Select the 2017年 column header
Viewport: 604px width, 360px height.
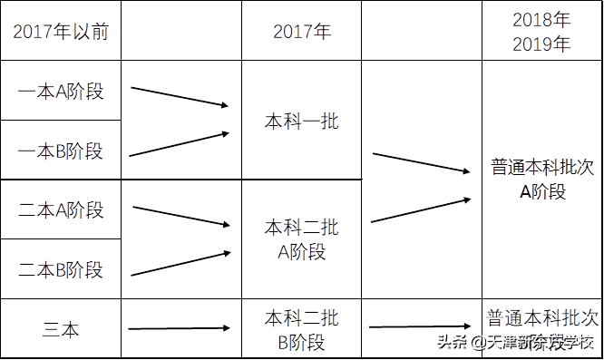click(302, 31)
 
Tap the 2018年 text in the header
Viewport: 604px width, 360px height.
click(541, 20)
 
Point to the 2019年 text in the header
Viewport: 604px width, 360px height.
click(541, 44)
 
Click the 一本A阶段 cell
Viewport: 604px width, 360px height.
click(61, 92)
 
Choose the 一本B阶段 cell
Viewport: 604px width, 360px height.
click(61, 151)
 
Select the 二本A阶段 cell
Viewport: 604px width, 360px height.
click(61, 210)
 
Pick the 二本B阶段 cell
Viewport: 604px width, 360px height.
click(61, 269)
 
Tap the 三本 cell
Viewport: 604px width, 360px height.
click(61, 329)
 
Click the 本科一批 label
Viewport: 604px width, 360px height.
click(302, 121)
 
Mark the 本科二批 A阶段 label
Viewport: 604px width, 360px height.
click(302, 238)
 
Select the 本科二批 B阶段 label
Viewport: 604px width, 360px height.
click(302, 330)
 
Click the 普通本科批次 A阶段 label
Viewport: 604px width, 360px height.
click(542, 179)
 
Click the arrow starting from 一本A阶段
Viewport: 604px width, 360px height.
click(180, 97)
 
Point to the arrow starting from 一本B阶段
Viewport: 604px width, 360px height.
click(180, 145)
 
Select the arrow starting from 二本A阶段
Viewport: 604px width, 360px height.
click(180, 216)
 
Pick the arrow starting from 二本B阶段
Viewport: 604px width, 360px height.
click(180, 264)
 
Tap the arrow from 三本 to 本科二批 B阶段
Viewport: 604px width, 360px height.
click(178, 328)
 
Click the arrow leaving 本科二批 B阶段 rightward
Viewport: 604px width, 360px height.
click(421, 326)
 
